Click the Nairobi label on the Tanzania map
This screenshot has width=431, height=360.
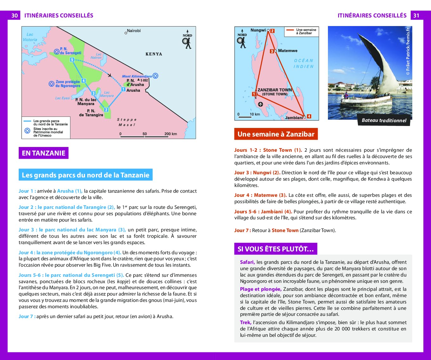point(134,31)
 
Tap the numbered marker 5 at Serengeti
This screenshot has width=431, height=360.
point(72,60)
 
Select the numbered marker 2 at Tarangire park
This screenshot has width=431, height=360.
point(106,110)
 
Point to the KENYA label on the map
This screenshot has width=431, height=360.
point(154,54)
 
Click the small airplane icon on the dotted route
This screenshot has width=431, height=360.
point(110,75)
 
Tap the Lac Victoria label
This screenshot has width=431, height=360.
point(30,37)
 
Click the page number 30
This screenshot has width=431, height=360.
point(15,16)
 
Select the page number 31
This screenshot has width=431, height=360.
point(416,16)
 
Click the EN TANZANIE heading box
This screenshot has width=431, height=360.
point(43,153)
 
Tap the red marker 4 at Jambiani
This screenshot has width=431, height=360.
point(309,117)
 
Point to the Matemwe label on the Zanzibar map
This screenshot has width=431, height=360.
point(288,51)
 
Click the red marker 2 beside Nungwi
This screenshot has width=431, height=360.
point(272,31)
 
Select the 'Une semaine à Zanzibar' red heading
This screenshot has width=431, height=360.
point(276,134)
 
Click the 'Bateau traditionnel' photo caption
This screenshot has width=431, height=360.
point(384,120)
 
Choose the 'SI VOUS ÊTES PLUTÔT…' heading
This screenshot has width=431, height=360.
point(275,249)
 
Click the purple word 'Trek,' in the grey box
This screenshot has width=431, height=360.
point(246,323)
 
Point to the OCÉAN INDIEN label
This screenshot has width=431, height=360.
point(303,63)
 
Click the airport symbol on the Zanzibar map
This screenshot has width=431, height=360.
point(261,104)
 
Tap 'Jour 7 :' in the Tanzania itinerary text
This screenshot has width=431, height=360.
point(27,317)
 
